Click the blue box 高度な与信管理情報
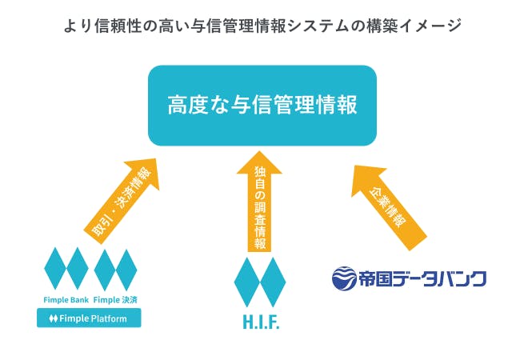tap(261, 105)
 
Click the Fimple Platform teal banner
tap(89, 318)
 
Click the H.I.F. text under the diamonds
tap(260, 323)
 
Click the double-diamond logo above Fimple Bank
tap(66, 268)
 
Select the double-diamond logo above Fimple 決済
tap(115, 268)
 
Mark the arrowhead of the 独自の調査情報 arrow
tap(260, 164)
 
